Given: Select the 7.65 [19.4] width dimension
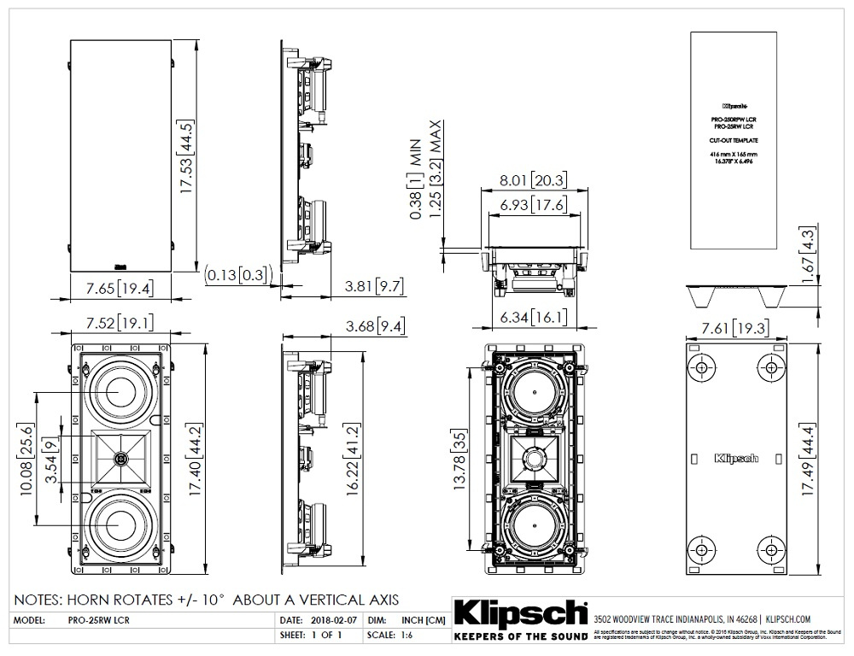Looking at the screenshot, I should (120, 288).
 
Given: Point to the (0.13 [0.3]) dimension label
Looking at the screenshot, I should (238, 273).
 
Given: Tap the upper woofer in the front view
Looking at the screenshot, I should (120, 389).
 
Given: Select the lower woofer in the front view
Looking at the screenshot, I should (120, 529).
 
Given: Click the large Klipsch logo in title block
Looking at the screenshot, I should (519, 613).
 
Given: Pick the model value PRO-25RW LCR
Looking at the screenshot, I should (97, 618).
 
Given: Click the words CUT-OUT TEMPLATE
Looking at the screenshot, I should (734, 139).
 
